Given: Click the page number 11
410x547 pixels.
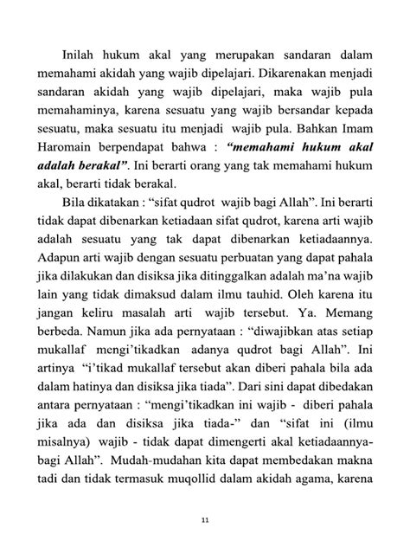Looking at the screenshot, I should pos(204,520).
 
